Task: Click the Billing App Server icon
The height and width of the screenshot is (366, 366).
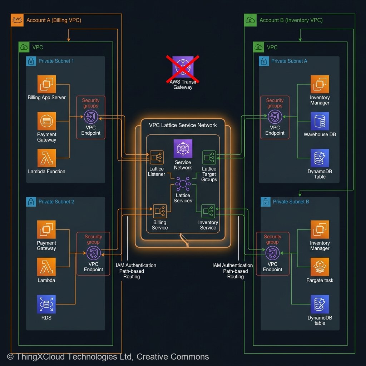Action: pos(47,84)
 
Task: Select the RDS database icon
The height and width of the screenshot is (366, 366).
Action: pos(46,304)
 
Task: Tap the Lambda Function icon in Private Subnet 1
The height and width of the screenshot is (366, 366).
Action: pos(47,158)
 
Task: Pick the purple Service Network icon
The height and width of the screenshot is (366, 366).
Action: pos(183,149)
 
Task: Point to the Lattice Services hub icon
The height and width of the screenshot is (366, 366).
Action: pos(183,184)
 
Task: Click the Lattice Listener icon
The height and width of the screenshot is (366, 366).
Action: pos(157,158)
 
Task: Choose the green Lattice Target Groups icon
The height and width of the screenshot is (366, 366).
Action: pos(209,158)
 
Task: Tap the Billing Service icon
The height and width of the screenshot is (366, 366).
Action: pos(160,211)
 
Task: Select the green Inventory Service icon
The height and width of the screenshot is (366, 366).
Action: pos(208,211)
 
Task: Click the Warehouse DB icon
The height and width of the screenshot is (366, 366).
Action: pos(320,122)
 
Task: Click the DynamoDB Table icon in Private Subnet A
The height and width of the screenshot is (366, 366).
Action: pos(320,158)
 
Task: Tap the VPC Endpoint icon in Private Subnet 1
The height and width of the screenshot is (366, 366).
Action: pos(91,117)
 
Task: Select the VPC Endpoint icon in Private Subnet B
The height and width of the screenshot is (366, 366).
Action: pos(273,253)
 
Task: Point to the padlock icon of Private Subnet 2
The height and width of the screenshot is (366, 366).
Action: pos(31,202)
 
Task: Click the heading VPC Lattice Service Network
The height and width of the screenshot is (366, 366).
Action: pos(183,125)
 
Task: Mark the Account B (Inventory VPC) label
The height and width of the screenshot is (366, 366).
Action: pos(291,20)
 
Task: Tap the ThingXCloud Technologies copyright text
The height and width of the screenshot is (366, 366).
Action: pos(108,356)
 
